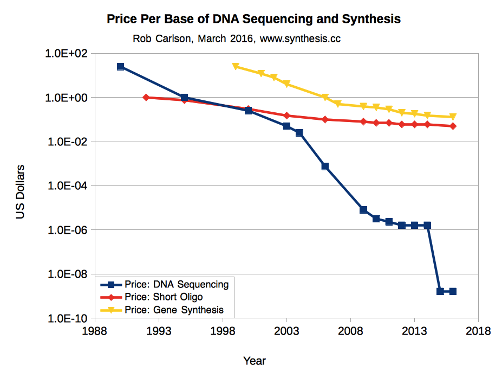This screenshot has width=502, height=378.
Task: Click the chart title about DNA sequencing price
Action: tap(253, 19)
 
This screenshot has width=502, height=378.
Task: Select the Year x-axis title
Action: tap(254, 361)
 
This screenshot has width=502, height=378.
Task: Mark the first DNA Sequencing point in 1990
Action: tap(120, 66)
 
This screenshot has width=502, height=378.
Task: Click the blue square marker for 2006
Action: tap(325, 166)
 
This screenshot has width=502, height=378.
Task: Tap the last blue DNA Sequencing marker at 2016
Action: tap(453, 291)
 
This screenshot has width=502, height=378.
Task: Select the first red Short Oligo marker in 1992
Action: tap(146, 97)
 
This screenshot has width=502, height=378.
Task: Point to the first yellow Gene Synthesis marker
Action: tap(236, 66)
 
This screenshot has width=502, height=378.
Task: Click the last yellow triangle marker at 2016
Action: tap(453, 117)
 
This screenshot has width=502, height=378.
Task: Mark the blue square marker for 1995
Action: tap(184, 98)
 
